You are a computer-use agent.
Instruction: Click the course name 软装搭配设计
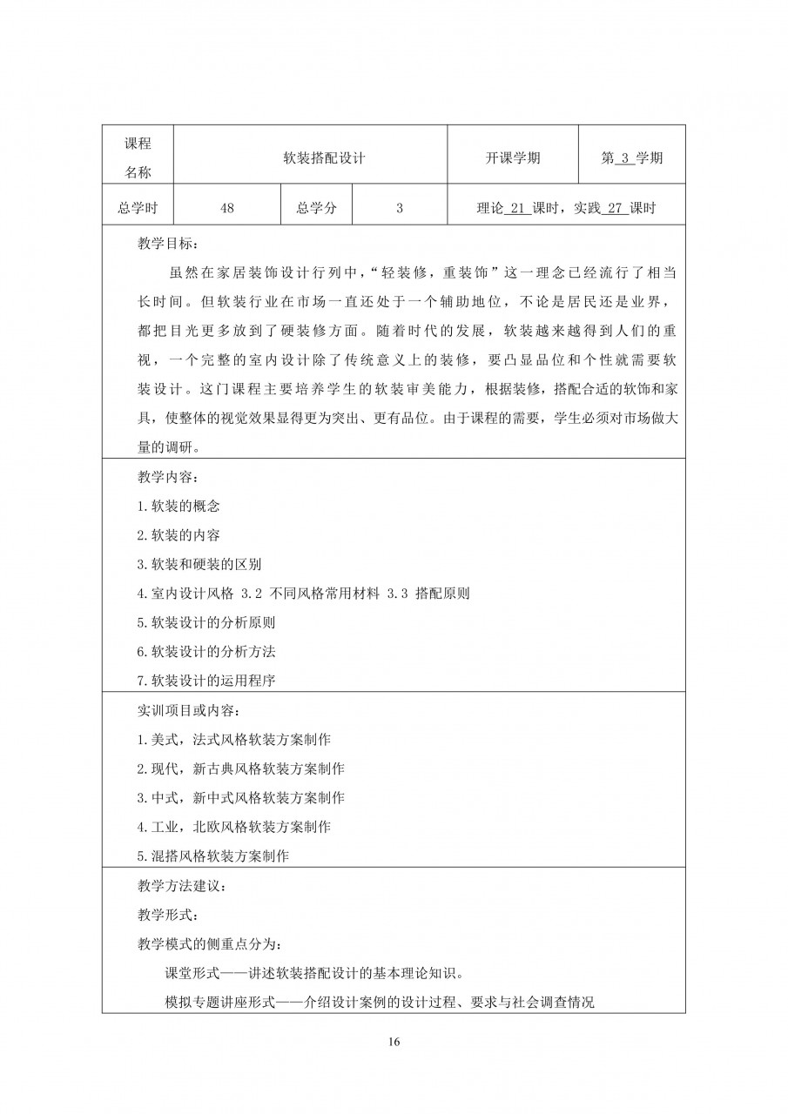(311, 158)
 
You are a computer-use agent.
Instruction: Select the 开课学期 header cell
(513, 158)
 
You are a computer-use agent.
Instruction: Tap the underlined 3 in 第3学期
(624, 158)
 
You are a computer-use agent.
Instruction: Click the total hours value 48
(228, 208)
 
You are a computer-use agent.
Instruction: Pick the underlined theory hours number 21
(517, 208)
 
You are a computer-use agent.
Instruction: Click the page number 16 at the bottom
(394, 1042)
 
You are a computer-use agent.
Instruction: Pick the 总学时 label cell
(138, 208)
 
